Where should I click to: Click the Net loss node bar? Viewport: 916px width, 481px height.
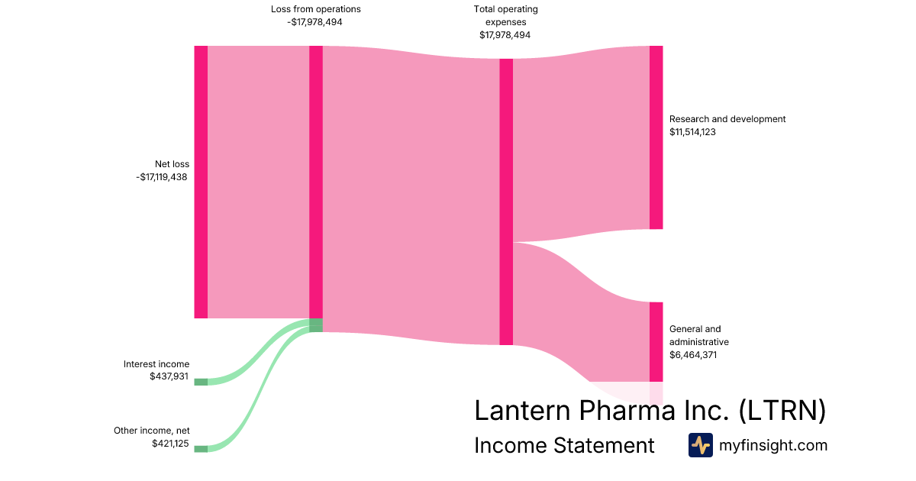201,182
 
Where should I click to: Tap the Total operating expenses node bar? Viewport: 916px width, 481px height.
506,202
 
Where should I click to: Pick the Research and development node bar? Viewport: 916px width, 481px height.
656,137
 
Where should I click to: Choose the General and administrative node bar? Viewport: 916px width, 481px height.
656,341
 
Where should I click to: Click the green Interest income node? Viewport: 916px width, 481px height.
201,382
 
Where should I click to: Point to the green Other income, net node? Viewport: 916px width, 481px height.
201,448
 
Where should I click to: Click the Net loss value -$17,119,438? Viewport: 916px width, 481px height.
162,177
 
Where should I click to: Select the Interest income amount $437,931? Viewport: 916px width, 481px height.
169,377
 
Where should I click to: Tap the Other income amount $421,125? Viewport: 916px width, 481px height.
170,444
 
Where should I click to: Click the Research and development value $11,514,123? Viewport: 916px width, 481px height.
692,132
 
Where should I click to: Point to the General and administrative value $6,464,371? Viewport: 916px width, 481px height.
693,355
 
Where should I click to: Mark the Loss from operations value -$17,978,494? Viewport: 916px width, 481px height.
316,22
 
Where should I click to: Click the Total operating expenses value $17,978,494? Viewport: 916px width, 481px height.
505,35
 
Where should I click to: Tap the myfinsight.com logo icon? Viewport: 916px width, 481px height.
700,445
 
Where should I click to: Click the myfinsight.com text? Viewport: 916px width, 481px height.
772,445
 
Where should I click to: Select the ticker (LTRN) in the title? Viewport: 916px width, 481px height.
782,410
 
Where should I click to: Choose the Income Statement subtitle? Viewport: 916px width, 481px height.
564,445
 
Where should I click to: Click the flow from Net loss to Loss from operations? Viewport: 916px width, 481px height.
258,182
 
